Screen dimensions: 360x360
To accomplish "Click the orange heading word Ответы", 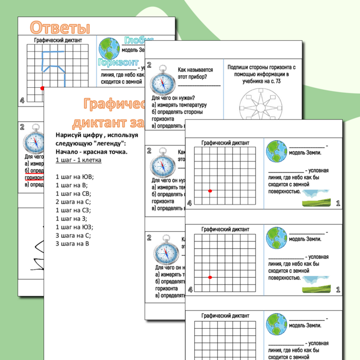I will [x=59, y=27].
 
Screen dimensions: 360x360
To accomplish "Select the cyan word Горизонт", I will [x=119, y=62].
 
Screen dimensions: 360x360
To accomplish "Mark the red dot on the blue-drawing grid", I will [x=42, y=88].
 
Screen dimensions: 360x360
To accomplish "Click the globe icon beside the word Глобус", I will [x=110, y=47].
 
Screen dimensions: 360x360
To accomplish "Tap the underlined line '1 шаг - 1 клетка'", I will [x=78, y=160].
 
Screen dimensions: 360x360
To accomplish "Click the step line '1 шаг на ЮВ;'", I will [x=75, y=176].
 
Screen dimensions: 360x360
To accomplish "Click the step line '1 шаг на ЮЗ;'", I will [x=75, y=227].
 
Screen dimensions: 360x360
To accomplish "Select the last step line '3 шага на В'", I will [x=72, y=244].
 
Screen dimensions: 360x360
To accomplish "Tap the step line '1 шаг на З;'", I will [x=73, y=219].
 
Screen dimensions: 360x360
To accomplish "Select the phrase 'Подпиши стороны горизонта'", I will [x=261, y=67].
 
